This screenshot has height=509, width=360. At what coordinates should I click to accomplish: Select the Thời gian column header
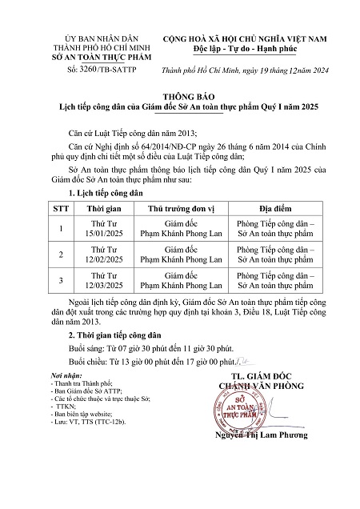[x=91, y=206]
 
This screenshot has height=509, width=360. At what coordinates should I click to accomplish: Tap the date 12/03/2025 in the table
[x=91, y=288]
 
